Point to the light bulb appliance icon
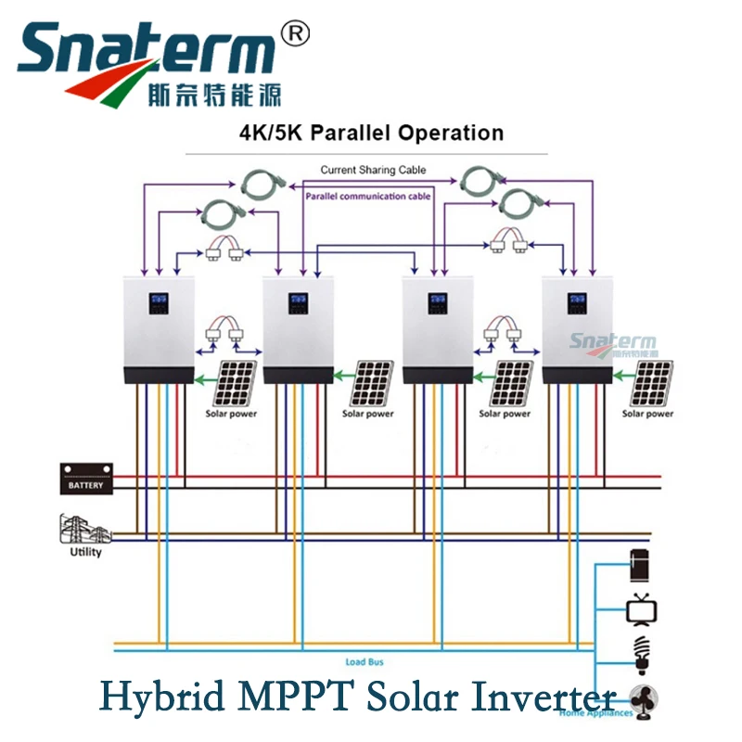coord(640,651)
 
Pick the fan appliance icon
coord(643,698)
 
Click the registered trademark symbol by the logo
coord(294,34)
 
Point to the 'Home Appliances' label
coord(595,713)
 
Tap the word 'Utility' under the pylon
coord(85,553)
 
